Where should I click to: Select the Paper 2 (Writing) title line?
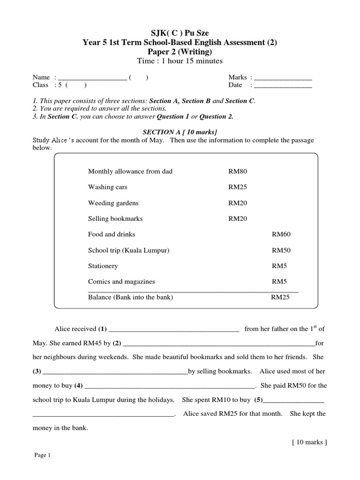(180, 52)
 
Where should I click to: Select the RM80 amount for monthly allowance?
(238, 172)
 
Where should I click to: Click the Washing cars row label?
(107, 187)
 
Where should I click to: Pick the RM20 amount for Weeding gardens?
(238, 203)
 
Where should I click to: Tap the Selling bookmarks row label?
(115, 219)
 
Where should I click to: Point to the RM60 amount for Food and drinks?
(281, 234)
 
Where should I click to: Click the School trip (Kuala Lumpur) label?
(128, 250)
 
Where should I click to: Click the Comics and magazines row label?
(121, 282)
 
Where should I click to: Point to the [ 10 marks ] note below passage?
(309, 442)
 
